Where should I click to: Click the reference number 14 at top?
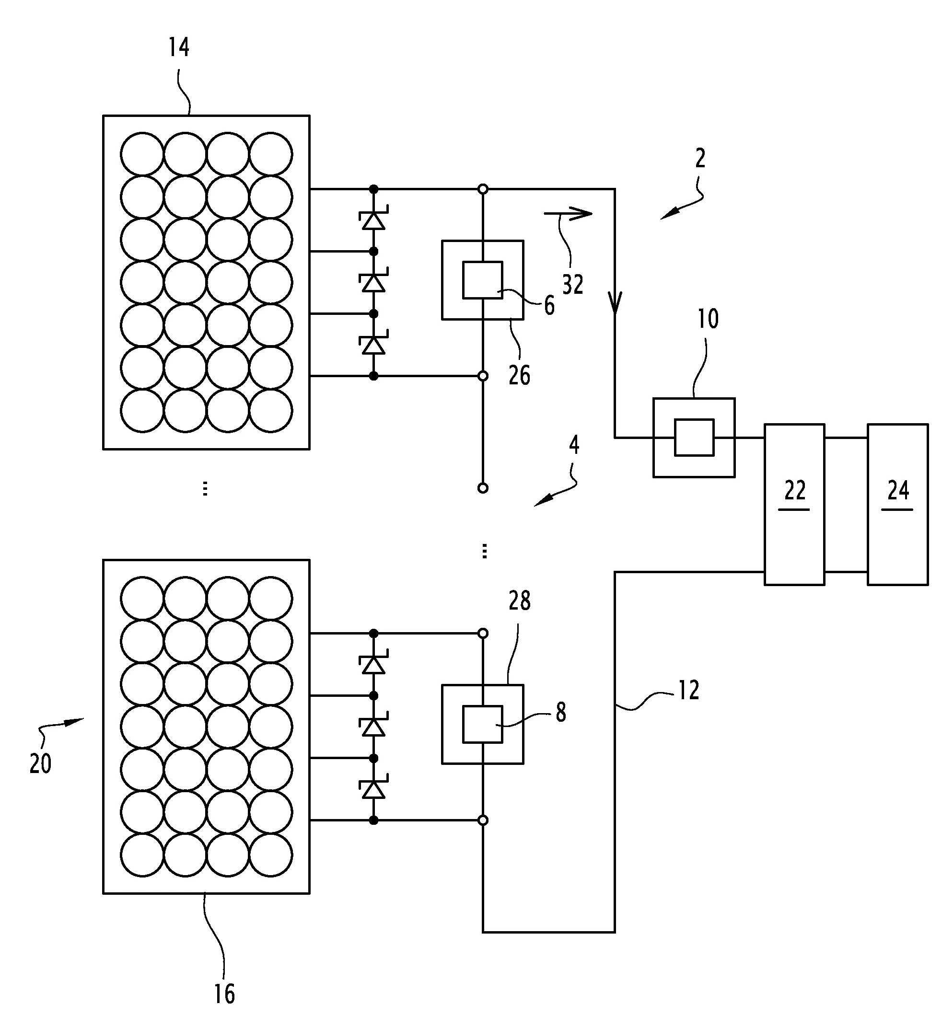tap(179, 47)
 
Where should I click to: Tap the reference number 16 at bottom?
tap(224, 993)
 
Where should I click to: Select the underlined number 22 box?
tap(794, 505)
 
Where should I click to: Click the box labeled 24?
tap(897, 505)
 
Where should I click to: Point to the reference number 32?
tap(572, 284)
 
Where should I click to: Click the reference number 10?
tap(708, 319)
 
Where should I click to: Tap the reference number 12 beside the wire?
tap(689, 691)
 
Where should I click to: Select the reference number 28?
tap(520, 601)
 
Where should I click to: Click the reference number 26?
tap(520, 376)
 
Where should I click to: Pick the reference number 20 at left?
tap(41, 763)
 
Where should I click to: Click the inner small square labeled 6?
tap(482, 280)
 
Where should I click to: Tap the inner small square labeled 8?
tap(482, 724)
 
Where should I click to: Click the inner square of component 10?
tap(694, 437)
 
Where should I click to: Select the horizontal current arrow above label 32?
tap(569, 213)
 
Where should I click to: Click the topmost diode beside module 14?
tap(373, 219)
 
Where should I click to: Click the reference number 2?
tap(700, 159)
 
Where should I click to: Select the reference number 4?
tap(574, 445)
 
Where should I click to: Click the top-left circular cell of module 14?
tap(142, 154)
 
